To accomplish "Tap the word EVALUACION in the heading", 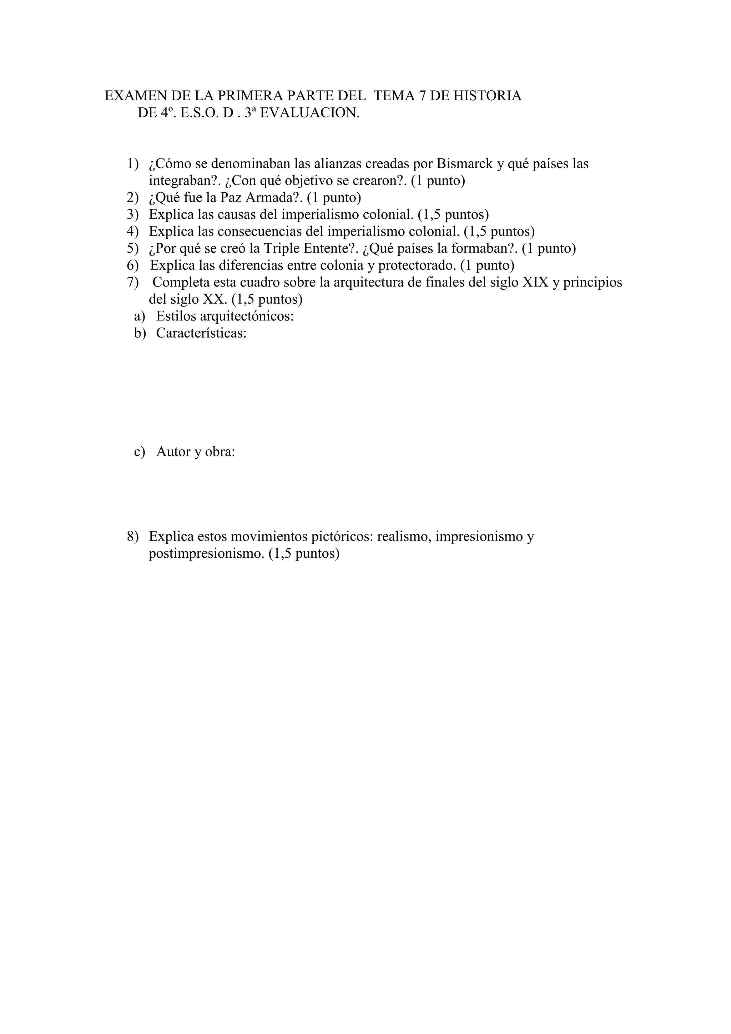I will click(310, 113).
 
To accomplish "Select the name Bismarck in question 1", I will click(464, 163).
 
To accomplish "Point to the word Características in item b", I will click(201, 333).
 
